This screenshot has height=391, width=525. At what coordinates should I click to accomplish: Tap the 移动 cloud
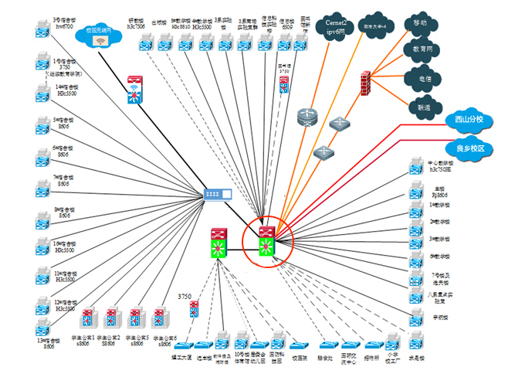click(x=421, y=24)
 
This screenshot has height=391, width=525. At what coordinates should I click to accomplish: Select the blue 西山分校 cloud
click(x=469, y=121)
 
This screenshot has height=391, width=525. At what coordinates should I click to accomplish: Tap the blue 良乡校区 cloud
click(x=469, y=148)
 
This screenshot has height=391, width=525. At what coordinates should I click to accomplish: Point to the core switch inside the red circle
click(x=267, y=241)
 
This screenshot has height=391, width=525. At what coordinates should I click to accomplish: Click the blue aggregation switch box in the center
click(x=217, y=195)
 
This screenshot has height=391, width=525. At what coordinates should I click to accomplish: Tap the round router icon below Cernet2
click(x=307, y=117)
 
